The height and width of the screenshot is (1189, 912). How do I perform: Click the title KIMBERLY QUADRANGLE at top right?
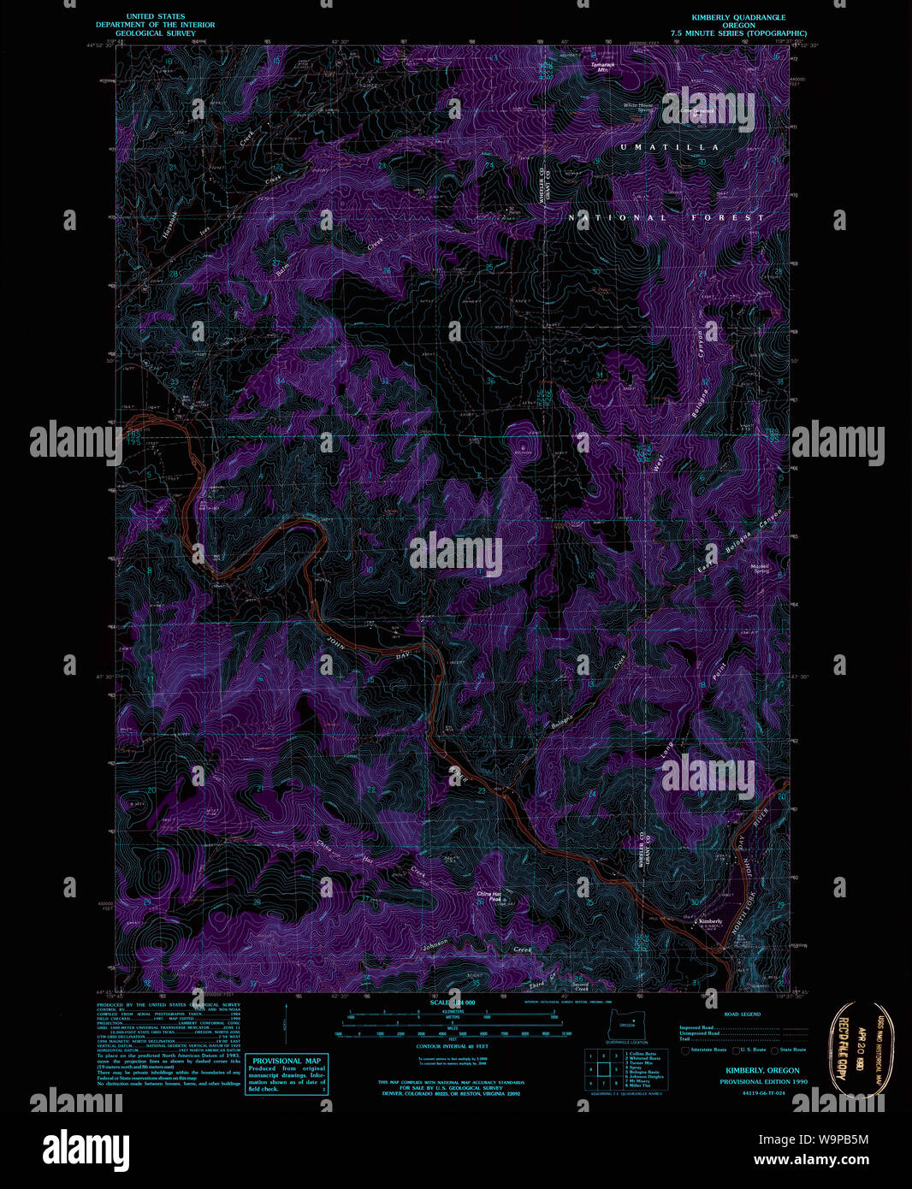click(x=737, y=17)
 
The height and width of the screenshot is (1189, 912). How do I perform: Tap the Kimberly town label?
click(x=709, y=921)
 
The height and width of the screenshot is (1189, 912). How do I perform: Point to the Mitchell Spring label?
click(x=761, y=568)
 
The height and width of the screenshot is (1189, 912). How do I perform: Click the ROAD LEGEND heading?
click(x=742, y=1014)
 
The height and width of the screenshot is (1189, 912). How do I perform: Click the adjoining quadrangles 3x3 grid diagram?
click(x=602, y=1069)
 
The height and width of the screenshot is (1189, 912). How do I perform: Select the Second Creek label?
click(x=580, y=986)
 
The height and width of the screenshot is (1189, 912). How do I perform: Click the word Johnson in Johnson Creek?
click(x=435, y=946)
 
